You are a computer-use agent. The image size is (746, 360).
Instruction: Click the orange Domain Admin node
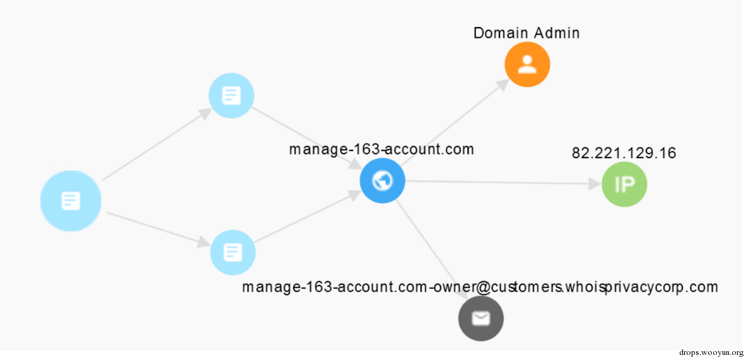point(527,64)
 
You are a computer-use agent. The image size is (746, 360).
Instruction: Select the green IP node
point(624,184)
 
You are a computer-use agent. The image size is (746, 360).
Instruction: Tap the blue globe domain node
point(383,181)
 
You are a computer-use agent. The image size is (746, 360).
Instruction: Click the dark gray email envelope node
point(481,318)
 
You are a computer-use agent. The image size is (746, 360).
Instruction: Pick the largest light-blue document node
point(71,200)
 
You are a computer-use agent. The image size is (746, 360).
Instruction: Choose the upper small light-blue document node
point(231,96)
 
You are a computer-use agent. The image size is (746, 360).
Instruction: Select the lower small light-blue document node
point(233,253)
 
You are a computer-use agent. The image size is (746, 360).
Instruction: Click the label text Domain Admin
point(527,33)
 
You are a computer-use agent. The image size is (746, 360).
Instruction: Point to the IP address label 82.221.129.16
point(624,153)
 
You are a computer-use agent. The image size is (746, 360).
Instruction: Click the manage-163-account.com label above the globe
point(382,149)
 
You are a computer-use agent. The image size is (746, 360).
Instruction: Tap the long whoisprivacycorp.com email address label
point(479,287)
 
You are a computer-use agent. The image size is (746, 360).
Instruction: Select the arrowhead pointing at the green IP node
point(595,183)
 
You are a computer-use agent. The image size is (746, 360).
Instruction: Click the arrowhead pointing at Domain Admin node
point(503,84)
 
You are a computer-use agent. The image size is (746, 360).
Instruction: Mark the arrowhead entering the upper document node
point(205,113)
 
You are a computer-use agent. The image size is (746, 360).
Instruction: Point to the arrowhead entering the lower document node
point(204,243)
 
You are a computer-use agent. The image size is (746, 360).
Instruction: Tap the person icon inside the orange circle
point(527,64)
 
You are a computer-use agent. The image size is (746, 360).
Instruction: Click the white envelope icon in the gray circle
point(481,318)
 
